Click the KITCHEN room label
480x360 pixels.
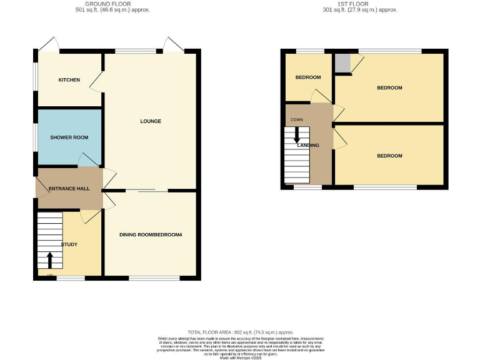pyautogui.click(x=69, y=80)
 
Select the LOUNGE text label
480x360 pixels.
pyautogui.click(x=151, y=121)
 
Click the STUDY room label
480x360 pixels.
pyautogui.click(x=69, y=244)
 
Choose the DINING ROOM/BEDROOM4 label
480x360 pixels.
pyautogui.click(x=151, y=234)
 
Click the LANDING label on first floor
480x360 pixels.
pyautogui.click(x=308, y=146)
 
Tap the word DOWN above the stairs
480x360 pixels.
pyautogui.click(x=297, y=119)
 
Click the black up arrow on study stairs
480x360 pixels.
pyautogui.click(x=50, y=259)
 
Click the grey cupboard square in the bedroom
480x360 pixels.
pyautogui.click(x=342, y=63)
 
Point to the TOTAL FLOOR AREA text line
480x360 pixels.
pyautogui.click(x=240, y=332)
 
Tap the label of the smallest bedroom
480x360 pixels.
pyautogui.click(x=308, y=77)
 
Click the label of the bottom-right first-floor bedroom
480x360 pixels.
pyautogui.click(x=389, y=156)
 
